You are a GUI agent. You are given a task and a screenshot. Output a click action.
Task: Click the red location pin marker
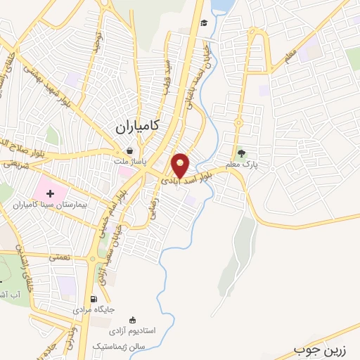tap(181, 165)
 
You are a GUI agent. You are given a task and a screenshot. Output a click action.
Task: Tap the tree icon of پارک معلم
tap(242, 153)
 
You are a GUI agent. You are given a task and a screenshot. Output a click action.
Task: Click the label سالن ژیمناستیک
tap(120, 347)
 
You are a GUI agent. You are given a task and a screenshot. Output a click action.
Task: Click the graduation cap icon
tap(203, 23)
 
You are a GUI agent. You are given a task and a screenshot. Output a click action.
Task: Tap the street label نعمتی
tap(60, 258)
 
